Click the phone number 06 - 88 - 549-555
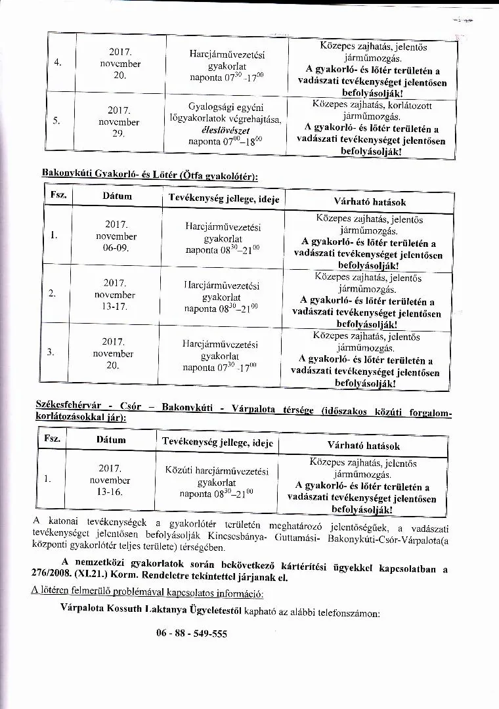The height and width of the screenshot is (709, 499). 192,634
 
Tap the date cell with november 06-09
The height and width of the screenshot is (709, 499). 116,236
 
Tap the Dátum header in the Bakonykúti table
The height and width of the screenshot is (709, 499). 117,196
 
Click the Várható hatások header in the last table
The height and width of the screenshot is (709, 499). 363,446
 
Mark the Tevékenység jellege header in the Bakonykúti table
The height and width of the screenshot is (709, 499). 222,198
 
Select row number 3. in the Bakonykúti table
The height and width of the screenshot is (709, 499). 51,352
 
